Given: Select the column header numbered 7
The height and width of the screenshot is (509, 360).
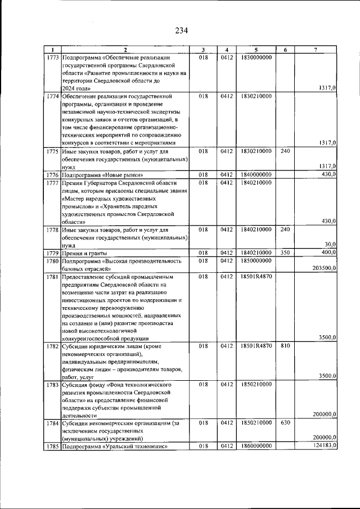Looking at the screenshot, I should [316, 50].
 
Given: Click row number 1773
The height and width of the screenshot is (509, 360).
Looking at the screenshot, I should [53, 57].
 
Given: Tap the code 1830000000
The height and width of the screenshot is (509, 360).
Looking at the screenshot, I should [256, 57].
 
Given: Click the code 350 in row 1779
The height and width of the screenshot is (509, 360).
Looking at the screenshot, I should [285, 253].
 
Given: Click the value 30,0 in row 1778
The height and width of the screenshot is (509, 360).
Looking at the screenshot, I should [330, 244].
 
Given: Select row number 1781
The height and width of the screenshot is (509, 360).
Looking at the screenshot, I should [53, 277].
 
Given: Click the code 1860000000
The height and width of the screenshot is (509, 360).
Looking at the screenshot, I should [256, 446].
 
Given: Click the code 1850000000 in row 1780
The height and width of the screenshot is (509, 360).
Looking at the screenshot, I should [256, 261].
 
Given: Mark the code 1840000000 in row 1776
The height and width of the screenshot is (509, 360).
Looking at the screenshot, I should [256, 175].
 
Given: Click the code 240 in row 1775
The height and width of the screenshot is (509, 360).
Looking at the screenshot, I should [285, 151].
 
